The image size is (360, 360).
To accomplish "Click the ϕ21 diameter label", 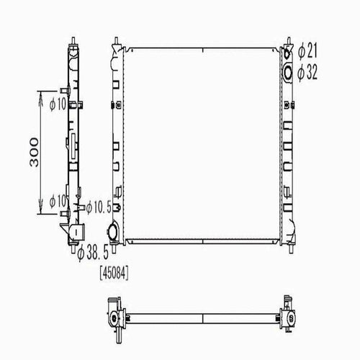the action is tap(307, 50).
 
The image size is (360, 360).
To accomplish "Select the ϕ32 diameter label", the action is tap(307, 72).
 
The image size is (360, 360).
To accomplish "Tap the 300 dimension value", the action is tap(34, 152).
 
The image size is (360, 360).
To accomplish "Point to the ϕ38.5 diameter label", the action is tap(93, 252).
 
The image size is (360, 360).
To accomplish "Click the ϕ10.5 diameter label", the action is tap(99, 207).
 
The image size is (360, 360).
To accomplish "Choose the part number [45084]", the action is tap(114, 274).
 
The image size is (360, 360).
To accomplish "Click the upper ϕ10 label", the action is tap(58, 104).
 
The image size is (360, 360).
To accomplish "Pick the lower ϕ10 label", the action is tap(58, 201).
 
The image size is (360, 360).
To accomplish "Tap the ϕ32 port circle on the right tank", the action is tap(288, 73).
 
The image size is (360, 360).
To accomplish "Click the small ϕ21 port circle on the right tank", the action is tap(287, 54).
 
